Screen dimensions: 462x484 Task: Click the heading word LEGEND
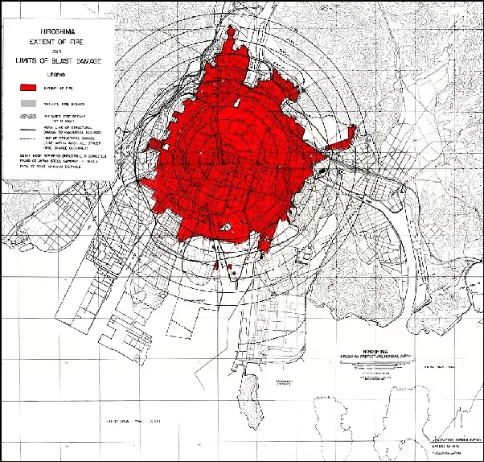[x=55, y=72]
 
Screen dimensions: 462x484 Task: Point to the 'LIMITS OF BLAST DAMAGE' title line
[x=55, y=60]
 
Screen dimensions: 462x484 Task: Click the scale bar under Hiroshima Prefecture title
[x=376, y=364]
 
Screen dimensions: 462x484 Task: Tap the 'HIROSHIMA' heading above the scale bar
[x=376, y=351]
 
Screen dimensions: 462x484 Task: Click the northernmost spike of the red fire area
[x=233, y=32]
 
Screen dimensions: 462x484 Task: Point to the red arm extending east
[x=342, y=138]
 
